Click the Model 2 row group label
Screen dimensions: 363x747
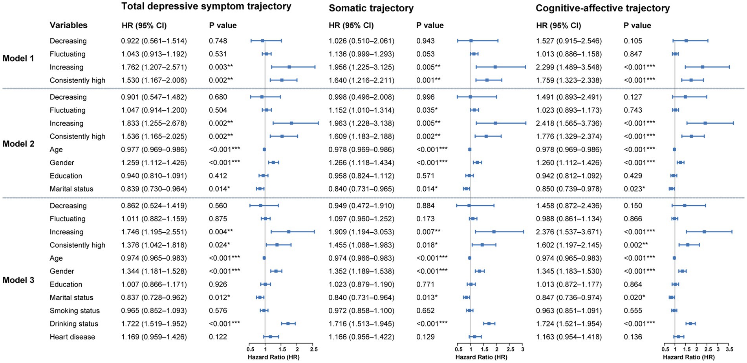point(18,144)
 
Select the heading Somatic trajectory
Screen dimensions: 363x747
point(371,8)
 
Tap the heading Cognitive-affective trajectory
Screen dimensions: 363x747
point(602,8)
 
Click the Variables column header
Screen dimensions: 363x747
point(68,25)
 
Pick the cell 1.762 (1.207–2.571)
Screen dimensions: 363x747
point(154,67)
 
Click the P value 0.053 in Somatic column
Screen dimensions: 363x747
point(425,54)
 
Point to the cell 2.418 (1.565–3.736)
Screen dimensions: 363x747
point(568,123)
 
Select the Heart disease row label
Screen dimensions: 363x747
point(72,337)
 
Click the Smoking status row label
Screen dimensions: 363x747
point(75,310)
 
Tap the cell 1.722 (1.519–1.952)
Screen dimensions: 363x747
point(154,324)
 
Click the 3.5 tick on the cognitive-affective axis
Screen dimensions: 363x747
point(729,349)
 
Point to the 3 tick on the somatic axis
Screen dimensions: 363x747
point(522,349)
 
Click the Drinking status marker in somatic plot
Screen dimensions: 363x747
point(489,324)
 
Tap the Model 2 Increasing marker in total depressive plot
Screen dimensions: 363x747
point(291,123)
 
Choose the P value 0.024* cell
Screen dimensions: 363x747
point(219,245)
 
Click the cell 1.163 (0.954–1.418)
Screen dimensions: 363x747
point(568,337)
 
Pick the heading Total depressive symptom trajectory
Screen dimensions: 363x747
point(206,6)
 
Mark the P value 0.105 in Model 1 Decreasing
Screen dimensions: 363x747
point(633,41)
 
